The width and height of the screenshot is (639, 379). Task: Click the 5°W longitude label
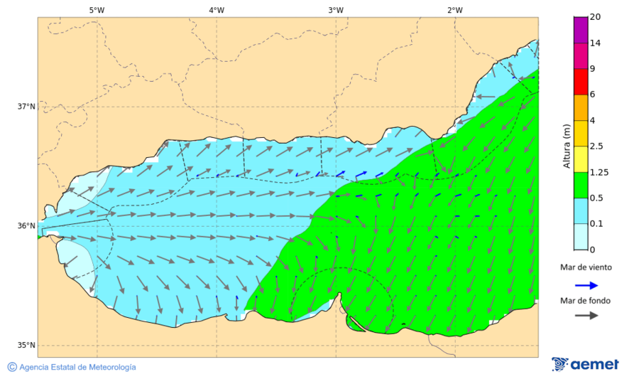pos(97,10)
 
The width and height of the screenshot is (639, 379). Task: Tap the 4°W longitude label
pos(217,10)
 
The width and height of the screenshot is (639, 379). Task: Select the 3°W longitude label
pos(336,10)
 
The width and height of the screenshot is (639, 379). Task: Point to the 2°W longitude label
pos(455,10)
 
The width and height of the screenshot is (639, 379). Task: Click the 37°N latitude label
pos(26,107)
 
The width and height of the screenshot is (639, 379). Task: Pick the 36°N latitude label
pos(26,226)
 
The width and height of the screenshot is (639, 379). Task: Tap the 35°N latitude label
pos(26,346)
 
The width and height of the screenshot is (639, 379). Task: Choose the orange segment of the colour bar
pos(581,107)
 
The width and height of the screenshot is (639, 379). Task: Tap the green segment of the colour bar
pos(581,185)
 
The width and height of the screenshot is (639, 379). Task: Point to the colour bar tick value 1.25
pos(599,172)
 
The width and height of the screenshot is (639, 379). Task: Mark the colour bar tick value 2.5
pos(596,146)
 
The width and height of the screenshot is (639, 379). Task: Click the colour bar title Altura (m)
pos(567,146)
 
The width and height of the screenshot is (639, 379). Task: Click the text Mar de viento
pos(585,267)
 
